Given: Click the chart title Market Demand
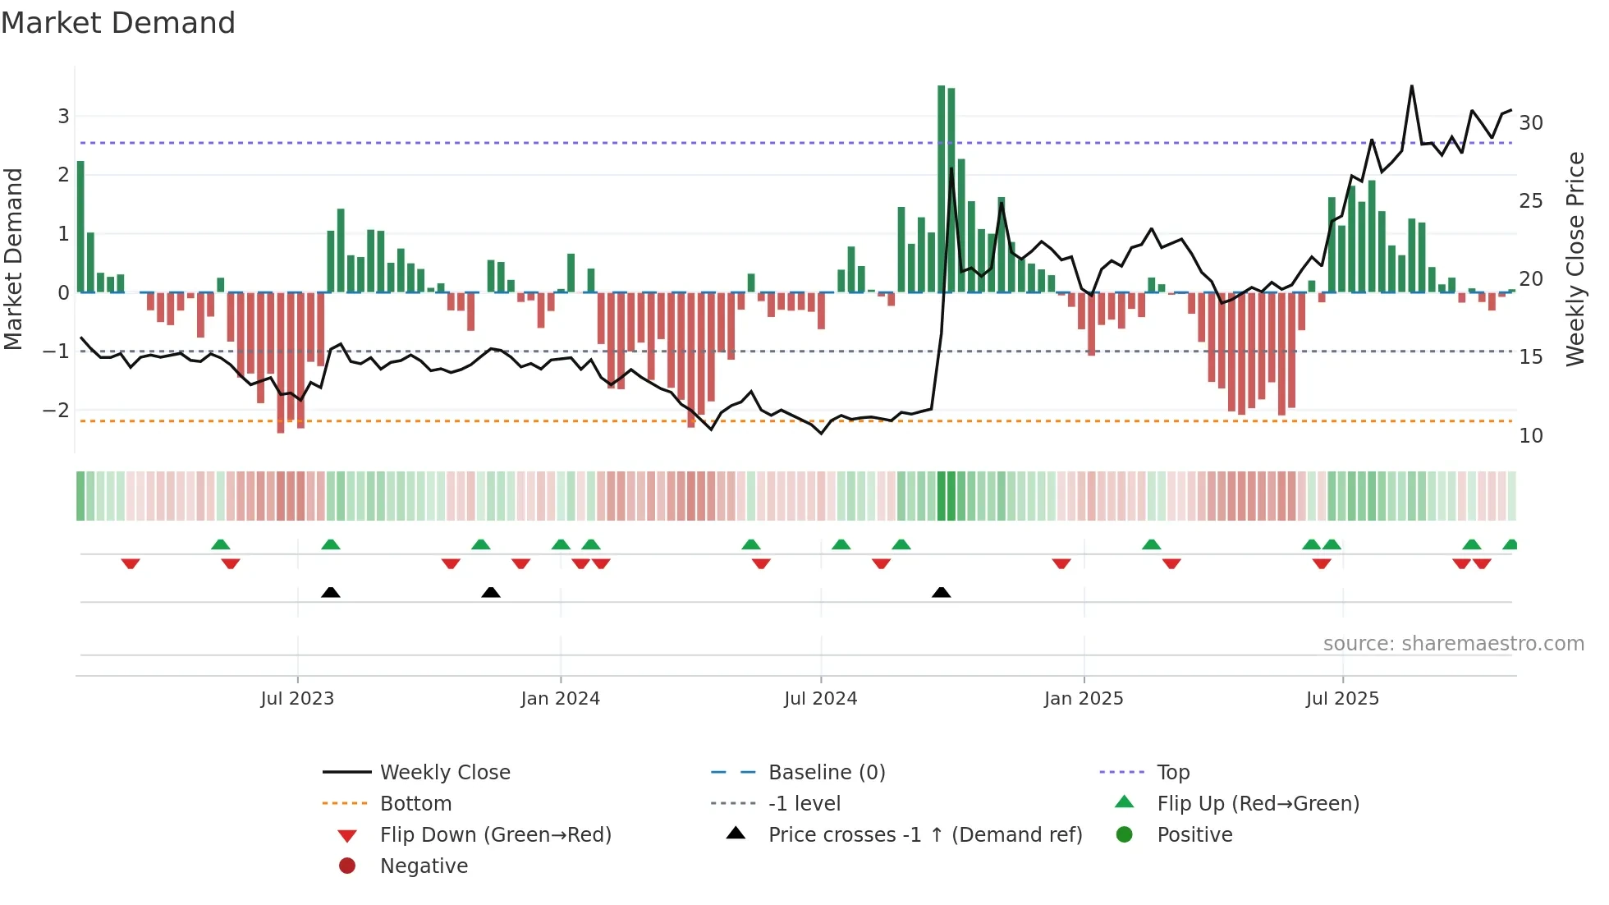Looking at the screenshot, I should (118, 23).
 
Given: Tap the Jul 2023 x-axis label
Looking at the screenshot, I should (297, 699).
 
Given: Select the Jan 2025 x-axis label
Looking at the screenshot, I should (1084, 699).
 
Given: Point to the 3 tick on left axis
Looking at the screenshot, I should (63, 117).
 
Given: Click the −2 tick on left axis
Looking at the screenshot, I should (57, 410).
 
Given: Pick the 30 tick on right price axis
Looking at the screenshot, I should (1531, 123).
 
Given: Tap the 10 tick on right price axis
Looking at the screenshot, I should (1531, 436).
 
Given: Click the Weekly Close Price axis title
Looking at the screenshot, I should (1575, 259).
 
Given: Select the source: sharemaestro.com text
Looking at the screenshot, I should (1453, 644).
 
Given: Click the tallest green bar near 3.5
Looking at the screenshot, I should (942, 189).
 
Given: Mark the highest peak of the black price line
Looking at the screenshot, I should (1412, 86).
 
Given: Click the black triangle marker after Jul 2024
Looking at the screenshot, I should (942, 592).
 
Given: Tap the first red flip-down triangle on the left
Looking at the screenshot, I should (131, 563).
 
